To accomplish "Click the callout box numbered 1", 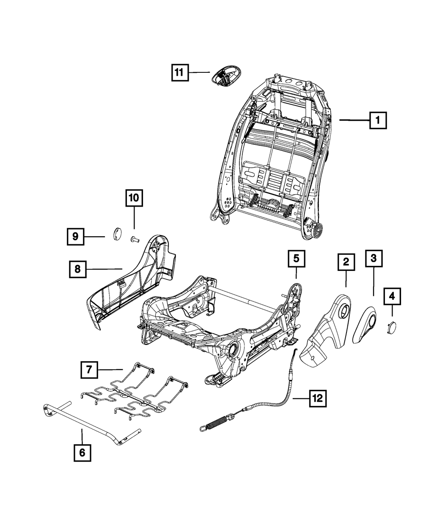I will pos(378,120).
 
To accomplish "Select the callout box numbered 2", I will pos(346,263).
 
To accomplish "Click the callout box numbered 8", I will pos(78,268).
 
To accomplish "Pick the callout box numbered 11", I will pos(179,73).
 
